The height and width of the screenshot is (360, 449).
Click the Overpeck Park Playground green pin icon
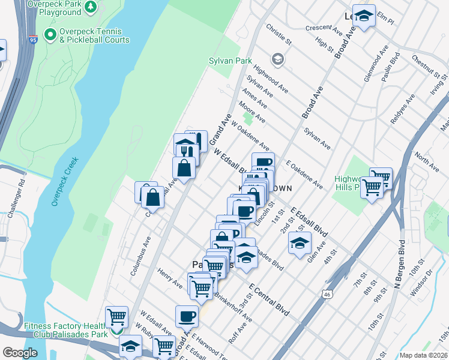[90, 7]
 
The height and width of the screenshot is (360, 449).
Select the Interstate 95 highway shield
[32, 40]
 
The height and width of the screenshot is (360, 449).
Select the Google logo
[20, 353]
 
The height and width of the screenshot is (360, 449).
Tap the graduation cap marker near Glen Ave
[300, 242]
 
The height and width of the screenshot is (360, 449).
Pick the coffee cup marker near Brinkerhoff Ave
[187, 316]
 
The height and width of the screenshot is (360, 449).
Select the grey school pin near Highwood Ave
[277, 59]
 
